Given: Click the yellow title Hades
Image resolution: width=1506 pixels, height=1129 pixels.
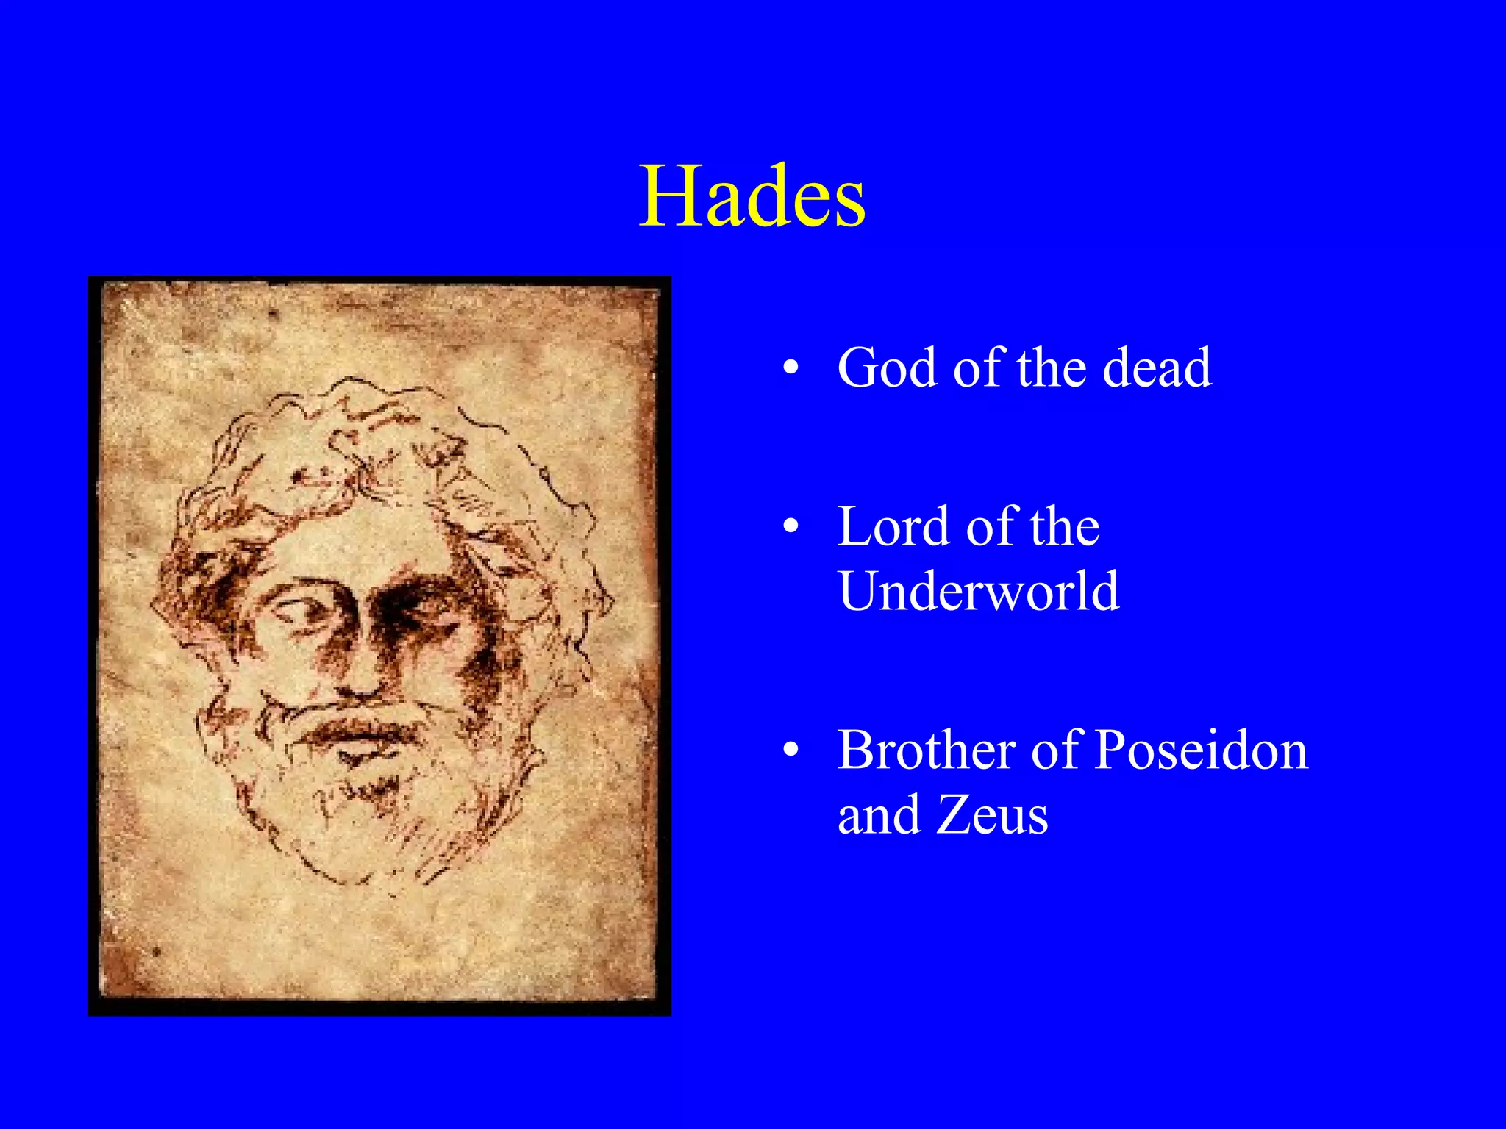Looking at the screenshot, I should click(752, 197).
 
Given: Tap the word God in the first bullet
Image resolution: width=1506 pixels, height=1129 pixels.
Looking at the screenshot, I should click(888, 368).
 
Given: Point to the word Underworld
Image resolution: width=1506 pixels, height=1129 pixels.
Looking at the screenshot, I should click(978, 592).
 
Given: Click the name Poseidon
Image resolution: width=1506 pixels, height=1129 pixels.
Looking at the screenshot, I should click(1202, 750).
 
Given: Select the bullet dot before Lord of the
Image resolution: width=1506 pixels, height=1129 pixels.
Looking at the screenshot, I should click(791, 528).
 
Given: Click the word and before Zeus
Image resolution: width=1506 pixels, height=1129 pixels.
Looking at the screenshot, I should click(878, 816).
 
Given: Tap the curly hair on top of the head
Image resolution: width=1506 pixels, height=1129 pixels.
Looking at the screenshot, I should click(368, 441).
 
